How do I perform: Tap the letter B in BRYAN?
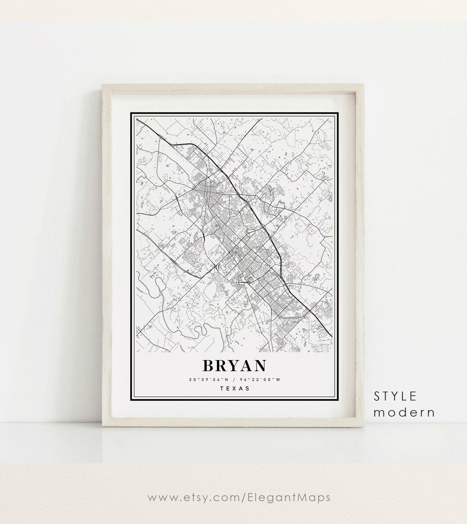(x=209, y=365)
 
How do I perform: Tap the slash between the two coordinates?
(x=235, y=380)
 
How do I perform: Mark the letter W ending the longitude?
(x=278, y=380)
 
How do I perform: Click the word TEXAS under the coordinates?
(x=235, y=388)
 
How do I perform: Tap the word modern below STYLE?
(x=404, y=412)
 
